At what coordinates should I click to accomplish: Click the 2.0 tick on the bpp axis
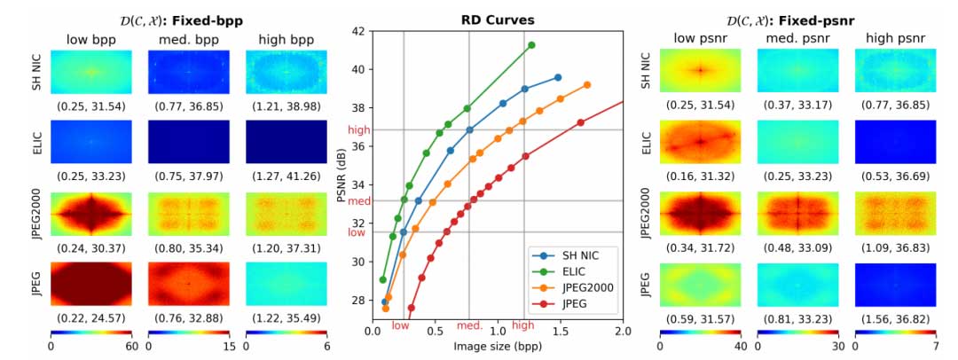coord(623,330)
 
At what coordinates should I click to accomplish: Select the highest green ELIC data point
coord(531,45)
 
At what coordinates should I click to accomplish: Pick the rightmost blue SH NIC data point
coord(557,78)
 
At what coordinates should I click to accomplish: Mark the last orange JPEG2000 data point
coord(587,85)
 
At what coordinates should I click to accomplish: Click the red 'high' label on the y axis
coord(357,129)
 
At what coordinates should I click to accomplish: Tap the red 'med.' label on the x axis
coord(469,325)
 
